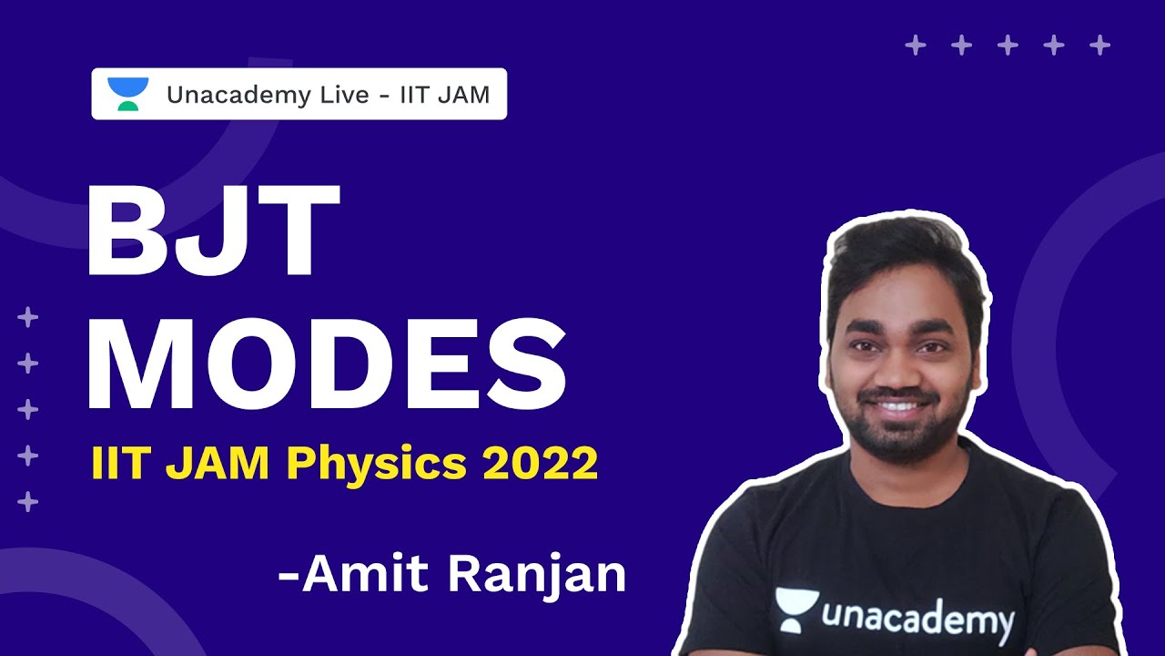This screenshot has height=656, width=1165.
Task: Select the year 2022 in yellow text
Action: point(541,464)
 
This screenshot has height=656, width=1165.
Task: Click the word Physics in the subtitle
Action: point(380,465)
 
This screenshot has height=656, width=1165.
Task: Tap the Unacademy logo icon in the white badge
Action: point(127,94)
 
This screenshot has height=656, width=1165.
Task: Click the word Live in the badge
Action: point(336,94)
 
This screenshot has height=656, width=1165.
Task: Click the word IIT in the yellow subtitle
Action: point(111,465)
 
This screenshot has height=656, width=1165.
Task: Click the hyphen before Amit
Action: point(289,578)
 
